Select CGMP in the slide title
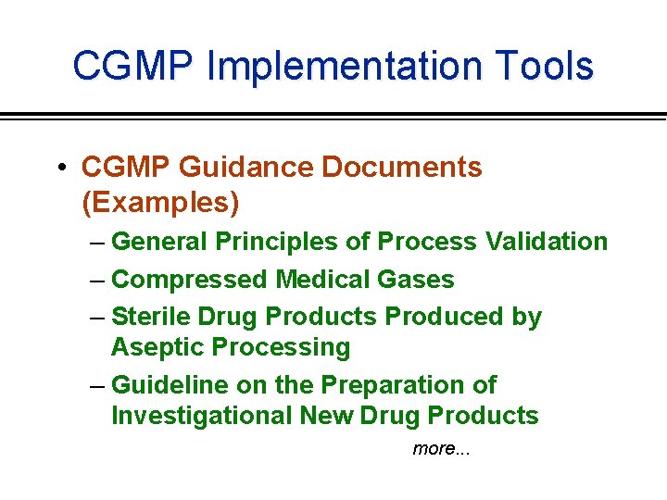tap(134, 67)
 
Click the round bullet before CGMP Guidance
tap(59, 168)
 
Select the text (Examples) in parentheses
tap(160, 201)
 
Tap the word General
tap(159, 242)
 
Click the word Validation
tap(546, 242)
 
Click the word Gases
tap(419, 280)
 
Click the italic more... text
tap(441, 449)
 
